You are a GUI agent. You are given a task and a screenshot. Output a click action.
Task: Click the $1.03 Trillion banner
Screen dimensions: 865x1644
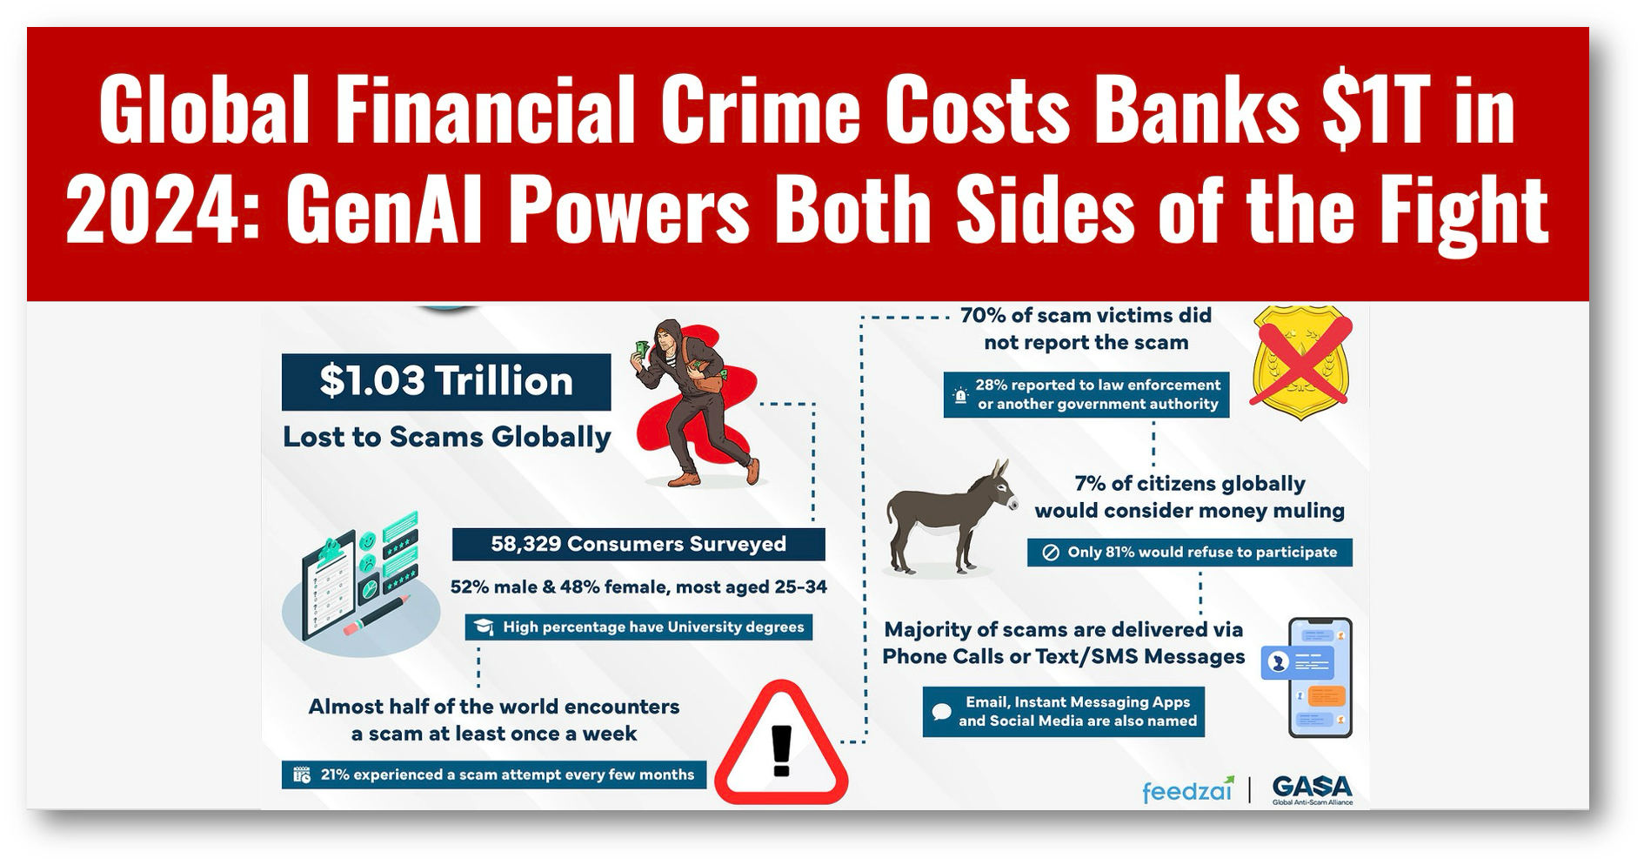tap(446, 381)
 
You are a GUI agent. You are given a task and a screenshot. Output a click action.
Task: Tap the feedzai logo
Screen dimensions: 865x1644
tap(1187, 790)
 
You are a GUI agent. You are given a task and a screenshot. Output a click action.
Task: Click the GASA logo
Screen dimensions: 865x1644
tap(1312, 789)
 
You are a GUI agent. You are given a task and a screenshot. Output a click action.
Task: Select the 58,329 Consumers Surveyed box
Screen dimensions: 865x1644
tap(638, 545)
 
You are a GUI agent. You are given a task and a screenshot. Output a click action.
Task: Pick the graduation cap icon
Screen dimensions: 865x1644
tap(484, 627)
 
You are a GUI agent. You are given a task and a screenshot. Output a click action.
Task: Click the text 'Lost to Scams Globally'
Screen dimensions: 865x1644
tap(446, 437)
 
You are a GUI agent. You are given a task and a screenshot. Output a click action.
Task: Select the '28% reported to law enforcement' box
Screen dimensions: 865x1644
tap(1086, 394)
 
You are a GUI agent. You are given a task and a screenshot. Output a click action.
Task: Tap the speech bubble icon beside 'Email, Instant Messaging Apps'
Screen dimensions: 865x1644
tap(941, 712)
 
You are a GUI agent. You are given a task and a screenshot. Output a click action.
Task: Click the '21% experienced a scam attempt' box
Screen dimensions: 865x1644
tap(494, 774)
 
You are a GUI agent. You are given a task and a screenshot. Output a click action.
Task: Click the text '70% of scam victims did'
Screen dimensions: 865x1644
tap(1086, 315)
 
